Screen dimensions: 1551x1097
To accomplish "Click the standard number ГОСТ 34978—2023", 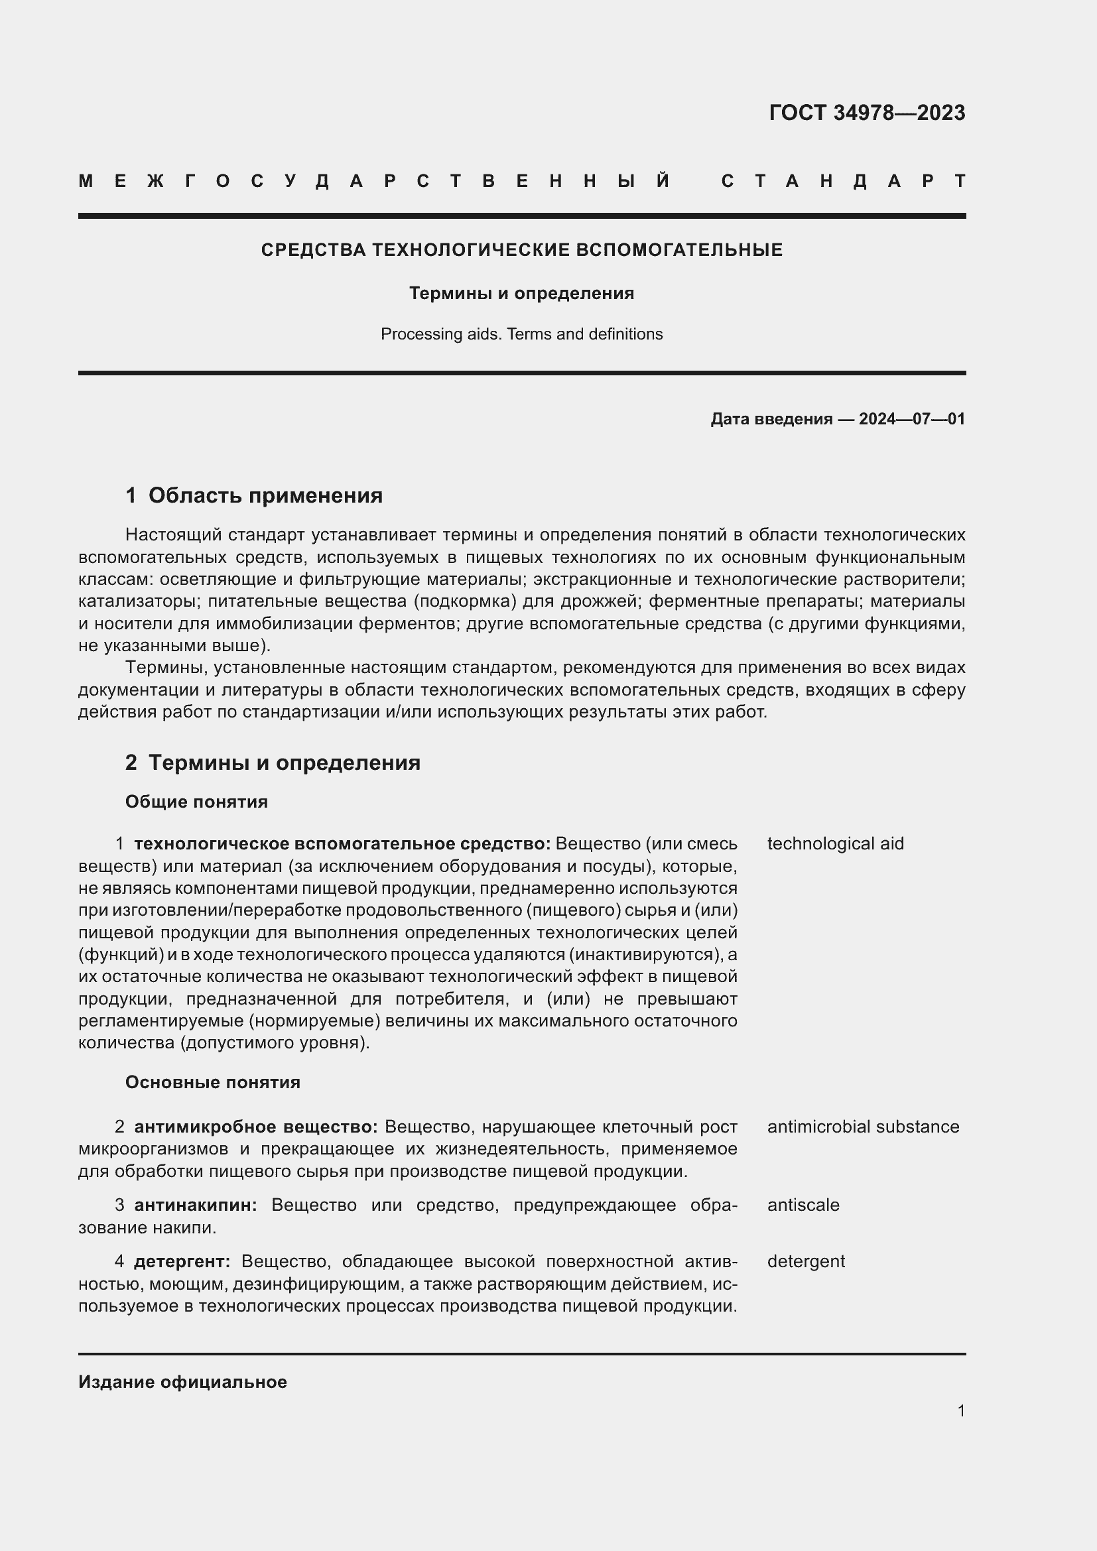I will point(867,112).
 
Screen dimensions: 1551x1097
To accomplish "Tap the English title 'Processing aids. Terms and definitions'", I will point(521,334).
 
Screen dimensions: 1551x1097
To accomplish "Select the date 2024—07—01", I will point(911,419).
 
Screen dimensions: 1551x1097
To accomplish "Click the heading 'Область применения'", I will point(265,495).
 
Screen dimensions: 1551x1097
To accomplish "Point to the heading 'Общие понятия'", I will point(196,802).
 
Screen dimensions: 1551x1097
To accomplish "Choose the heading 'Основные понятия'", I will point(213,1082).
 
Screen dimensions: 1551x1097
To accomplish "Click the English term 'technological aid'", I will point(835,843).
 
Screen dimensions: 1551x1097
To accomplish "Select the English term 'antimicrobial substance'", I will point(863,1127).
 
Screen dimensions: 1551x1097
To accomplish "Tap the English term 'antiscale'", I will point(803,1205).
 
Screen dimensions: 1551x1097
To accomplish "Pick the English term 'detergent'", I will point(806,1261).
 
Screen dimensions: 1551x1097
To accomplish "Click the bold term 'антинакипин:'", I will point(196,1205).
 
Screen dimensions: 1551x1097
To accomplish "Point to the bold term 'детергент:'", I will point(182,1261).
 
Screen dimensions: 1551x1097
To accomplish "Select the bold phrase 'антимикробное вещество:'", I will point(256,1127).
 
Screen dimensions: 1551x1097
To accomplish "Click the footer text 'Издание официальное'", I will point(182,1382).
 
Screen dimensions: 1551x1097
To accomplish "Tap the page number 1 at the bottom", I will point(961,1410).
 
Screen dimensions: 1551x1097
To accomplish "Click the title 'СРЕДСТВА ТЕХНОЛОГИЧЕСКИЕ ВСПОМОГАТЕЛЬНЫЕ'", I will point(521,250).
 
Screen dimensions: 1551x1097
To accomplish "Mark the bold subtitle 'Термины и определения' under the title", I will point(521,293).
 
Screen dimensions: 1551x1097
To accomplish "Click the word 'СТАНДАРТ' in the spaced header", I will point(843,181).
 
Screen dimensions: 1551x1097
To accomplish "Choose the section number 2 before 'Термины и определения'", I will point(131,763).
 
